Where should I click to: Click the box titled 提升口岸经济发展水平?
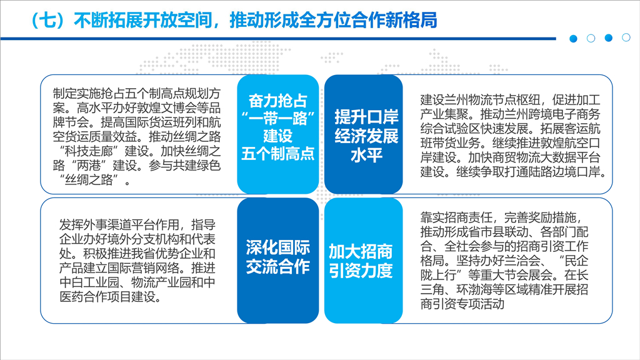pos(363,134)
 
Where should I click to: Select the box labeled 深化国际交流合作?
pos(277,261)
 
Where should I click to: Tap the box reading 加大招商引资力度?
pos(363,261)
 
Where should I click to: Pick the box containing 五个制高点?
pos(277,134)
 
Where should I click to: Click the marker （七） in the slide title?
pos(47,20)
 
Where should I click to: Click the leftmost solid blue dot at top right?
pos(574,39)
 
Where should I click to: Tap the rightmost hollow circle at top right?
pos(626,37)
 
